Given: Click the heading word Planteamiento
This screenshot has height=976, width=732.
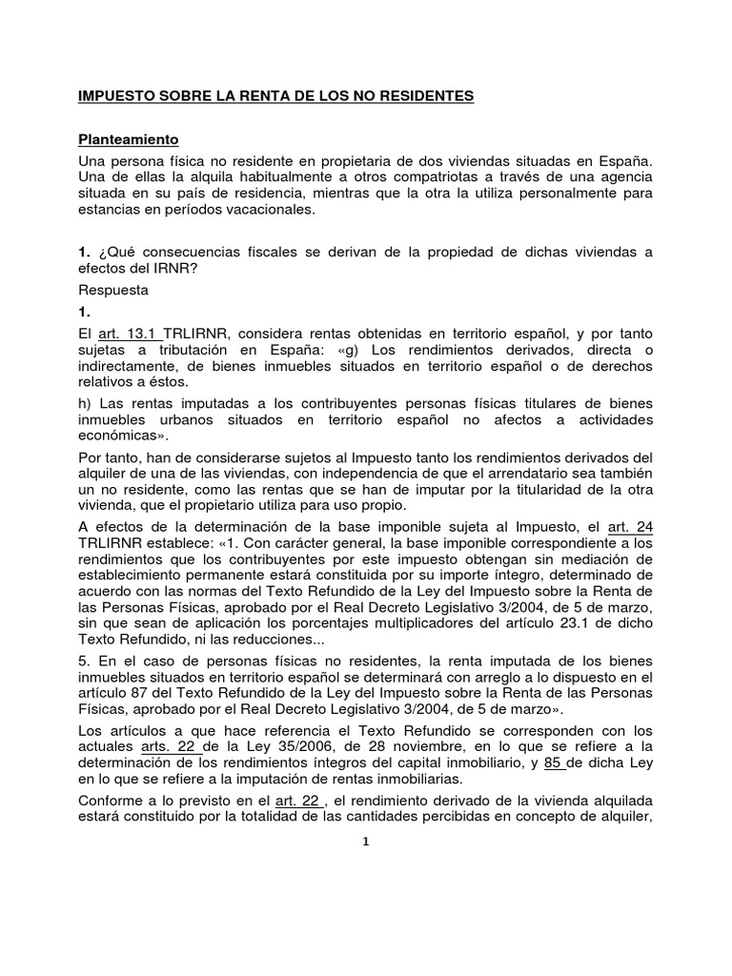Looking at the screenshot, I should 127,139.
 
